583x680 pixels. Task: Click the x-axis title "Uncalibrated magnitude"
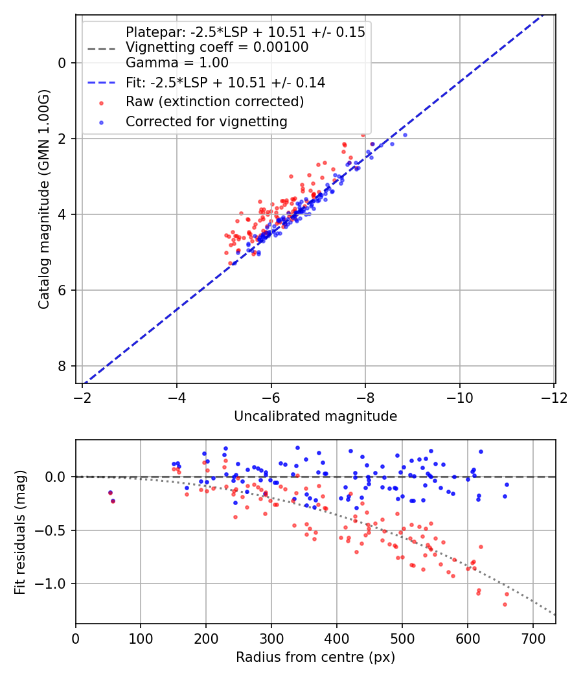coord(315,416)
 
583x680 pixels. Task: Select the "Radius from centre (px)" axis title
coord(315,657)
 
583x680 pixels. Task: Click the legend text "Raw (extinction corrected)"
coord(214,102)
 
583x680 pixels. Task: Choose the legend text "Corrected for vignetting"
coord(206,121)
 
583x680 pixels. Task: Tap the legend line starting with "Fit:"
coord(225,83)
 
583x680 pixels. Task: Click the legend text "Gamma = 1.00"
coord(177,63)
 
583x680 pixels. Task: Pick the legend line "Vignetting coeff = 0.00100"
coord(217,47)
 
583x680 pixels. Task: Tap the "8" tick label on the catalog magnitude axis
coord(63,366)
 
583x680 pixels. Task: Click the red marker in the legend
coord(100,102)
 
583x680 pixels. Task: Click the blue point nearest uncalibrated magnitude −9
coord(406,135)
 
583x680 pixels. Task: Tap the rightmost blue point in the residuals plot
coord(507,484)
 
